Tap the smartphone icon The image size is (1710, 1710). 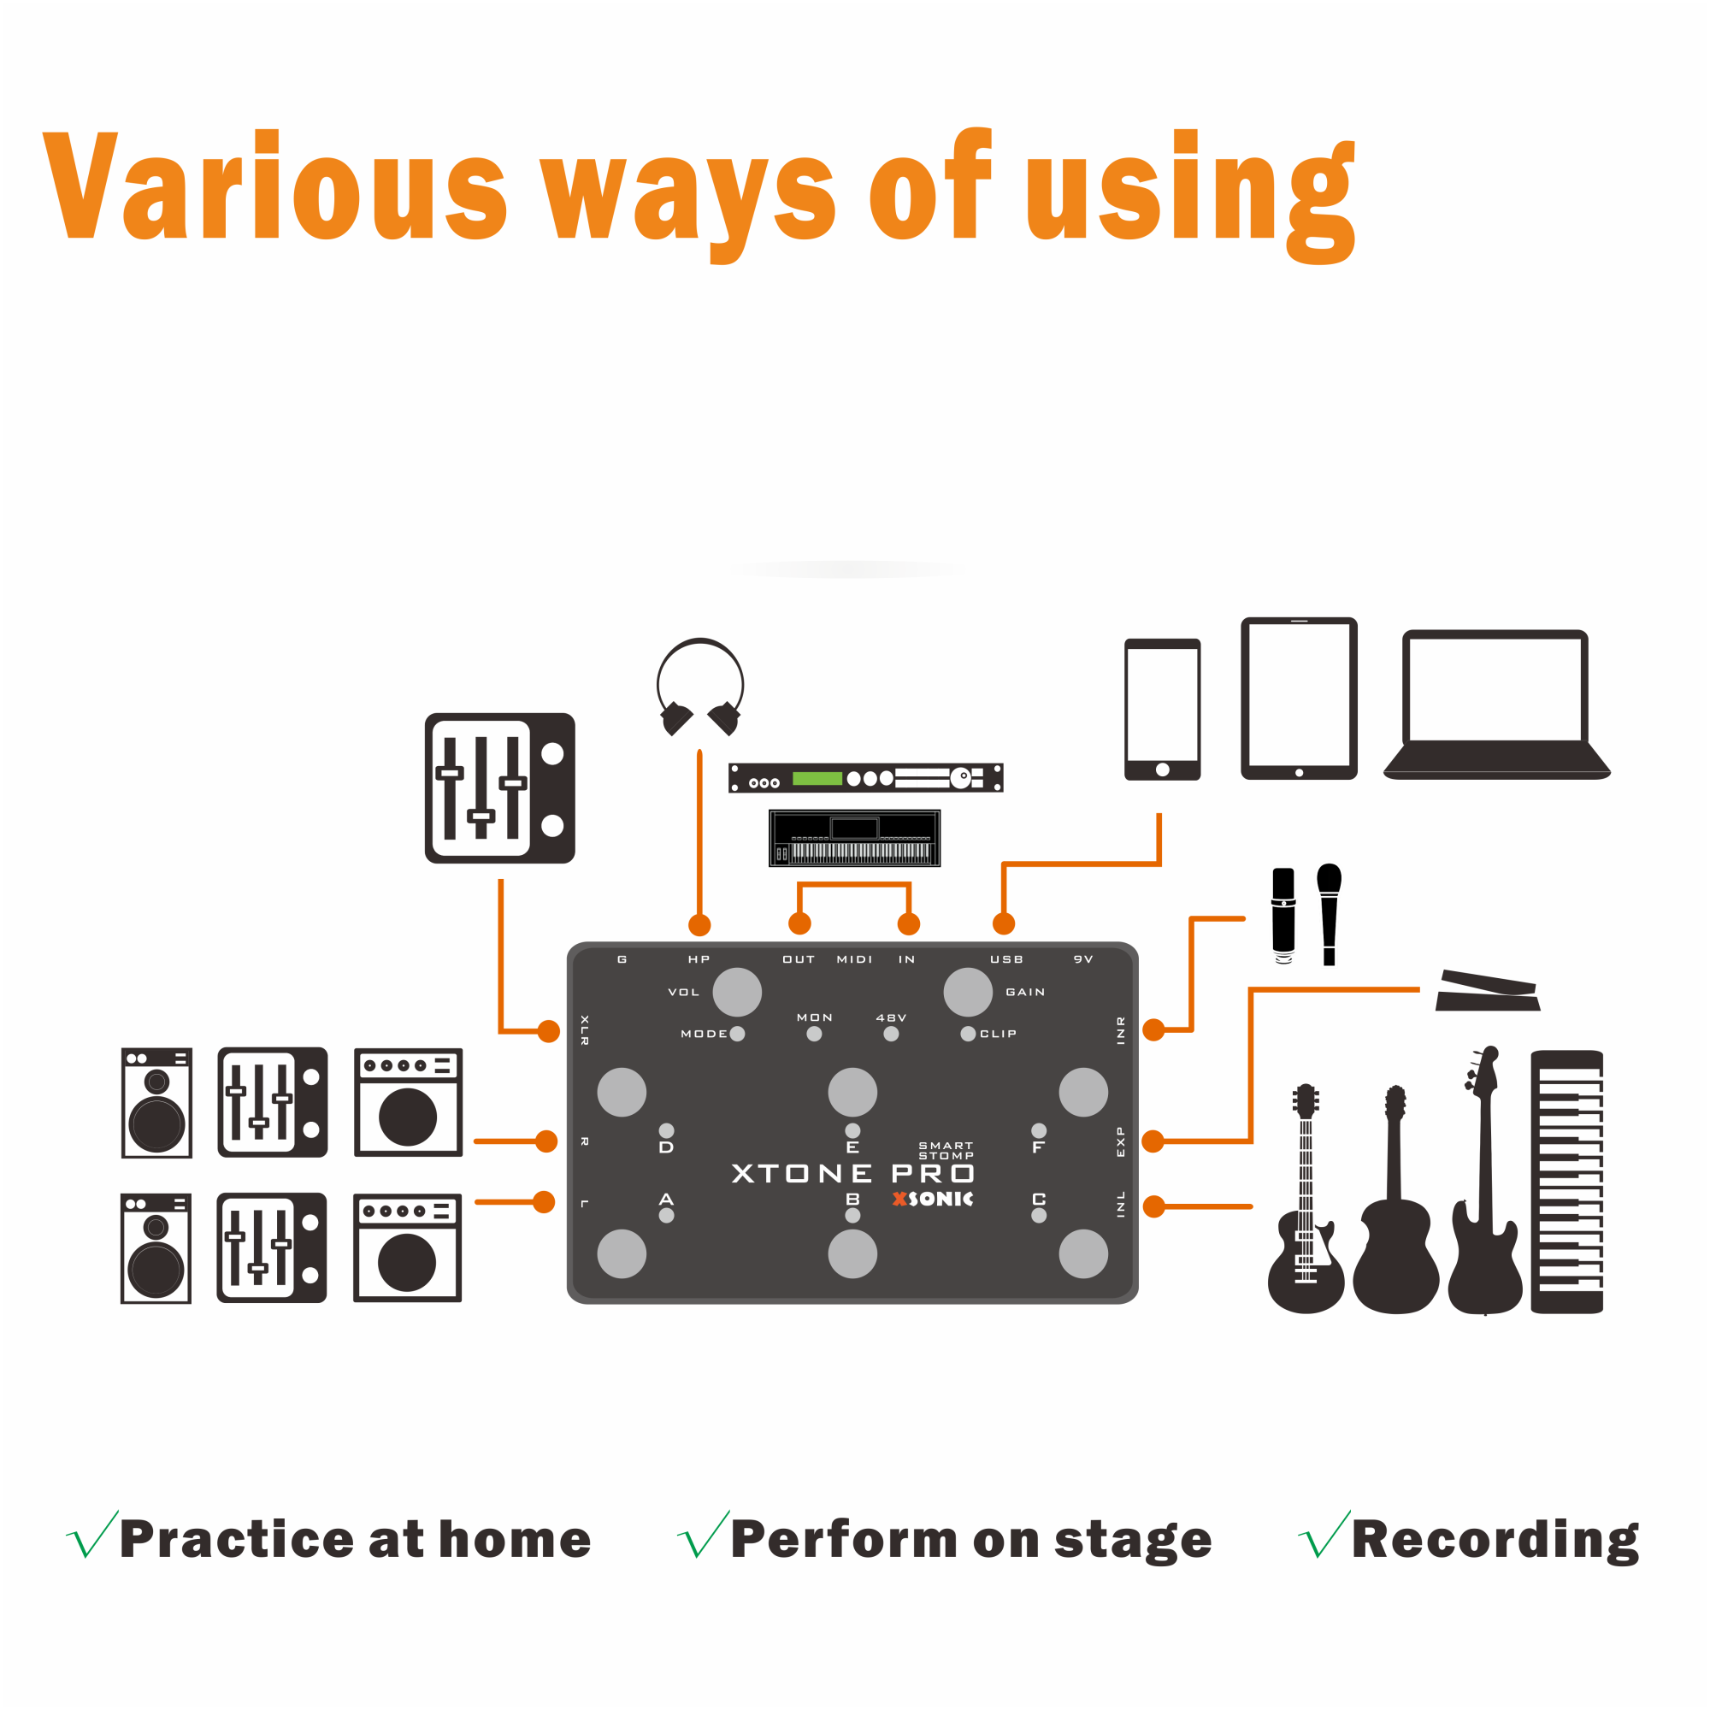1162,709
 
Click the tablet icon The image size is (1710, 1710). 1299,699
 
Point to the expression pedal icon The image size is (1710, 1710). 1488,991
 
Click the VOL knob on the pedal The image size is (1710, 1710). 737,992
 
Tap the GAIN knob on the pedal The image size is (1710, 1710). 969,992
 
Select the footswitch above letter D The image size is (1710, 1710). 622,1092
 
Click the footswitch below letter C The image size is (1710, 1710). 1083,1254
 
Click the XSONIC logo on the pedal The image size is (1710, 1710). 933,1200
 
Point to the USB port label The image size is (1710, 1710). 1006,959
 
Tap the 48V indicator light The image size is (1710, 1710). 891,1034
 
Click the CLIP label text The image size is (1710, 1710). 999,1034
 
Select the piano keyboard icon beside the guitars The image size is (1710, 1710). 1566,1182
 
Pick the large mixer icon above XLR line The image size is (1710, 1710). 500,787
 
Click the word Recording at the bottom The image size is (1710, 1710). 1495,1541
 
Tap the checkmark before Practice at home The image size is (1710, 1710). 92,1536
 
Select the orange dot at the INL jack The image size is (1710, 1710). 1154,1206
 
